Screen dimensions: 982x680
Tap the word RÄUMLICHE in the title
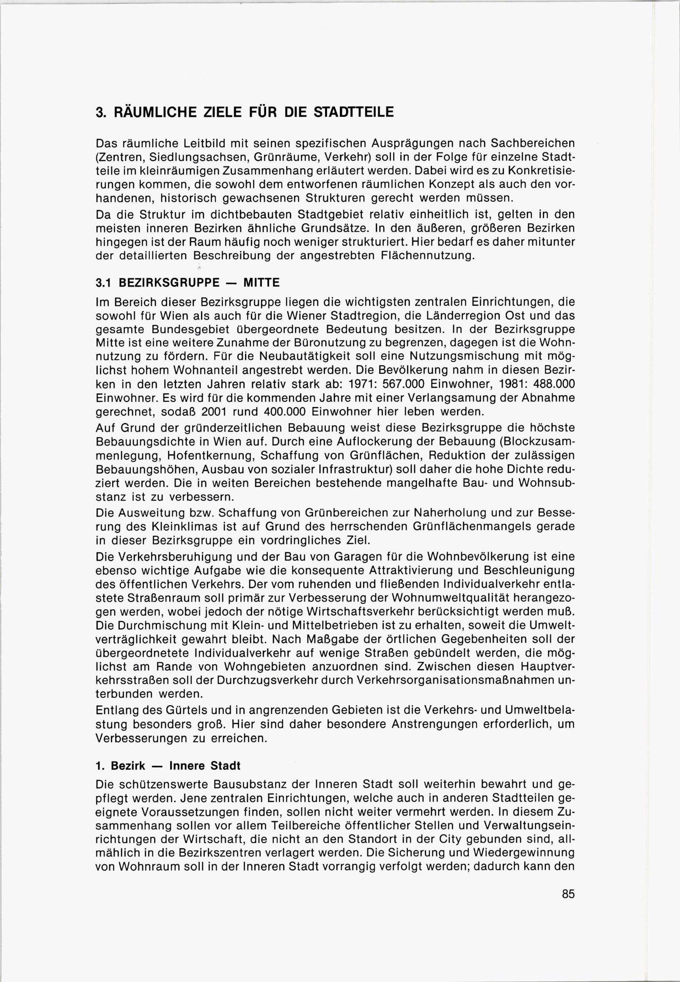click(153, 112)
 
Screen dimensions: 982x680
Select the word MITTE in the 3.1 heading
click(261, 283)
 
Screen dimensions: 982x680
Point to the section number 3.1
click(104, 283)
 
